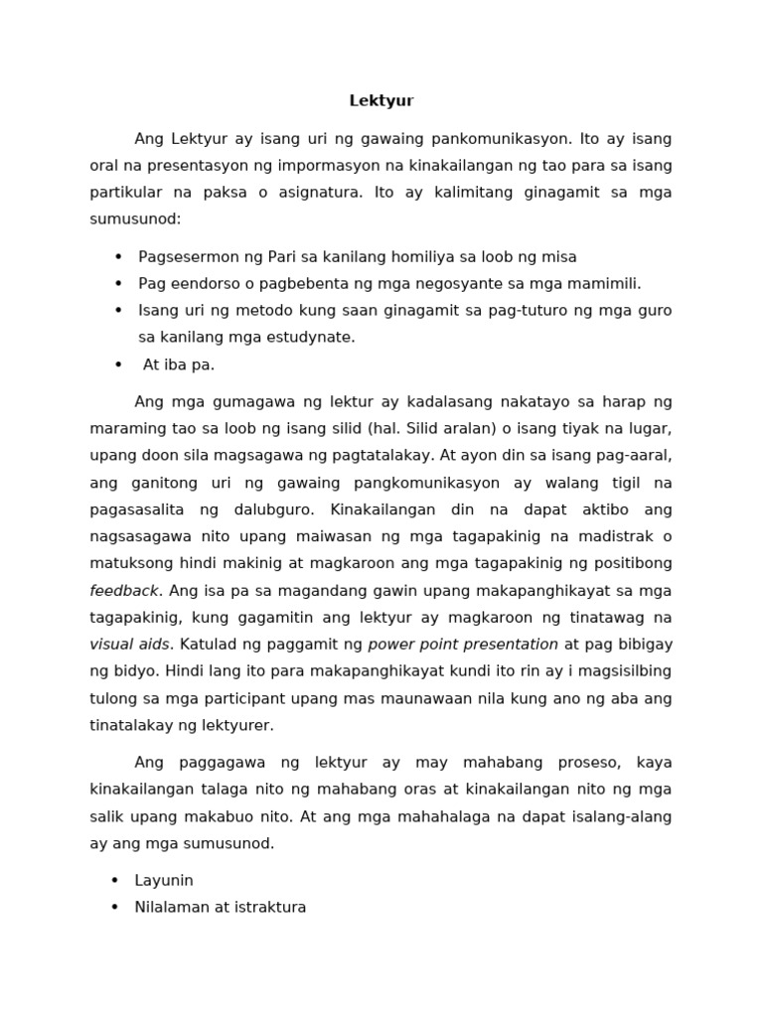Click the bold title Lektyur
click(x=381, y=100)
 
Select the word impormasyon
click(x=336, y=165)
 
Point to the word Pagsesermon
click(x=185, y=256)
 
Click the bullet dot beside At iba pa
click(x=118, y=364)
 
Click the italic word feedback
click(x=124, y=590)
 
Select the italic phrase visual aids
click(x=129, y=644)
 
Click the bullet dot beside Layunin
click(x=115, y=880)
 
